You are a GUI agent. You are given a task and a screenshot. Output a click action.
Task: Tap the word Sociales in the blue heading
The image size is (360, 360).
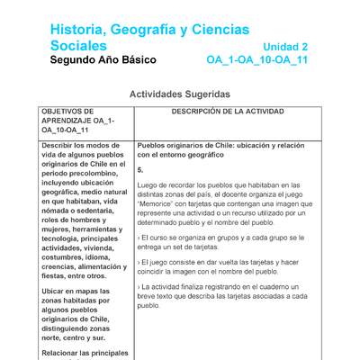78,45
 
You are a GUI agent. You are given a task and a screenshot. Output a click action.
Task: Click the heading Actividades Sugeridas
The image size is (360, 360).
180,94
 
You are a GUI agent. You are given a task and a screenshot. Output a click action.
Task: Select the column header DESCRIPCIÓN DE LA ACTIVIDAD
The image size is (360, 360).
227,112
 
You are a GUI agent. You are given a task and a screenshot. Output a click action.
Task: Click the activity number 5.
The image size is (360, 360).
140,169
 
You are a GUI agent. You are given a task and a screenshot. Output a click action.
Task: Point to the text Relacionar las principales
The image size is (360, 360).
85,353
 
